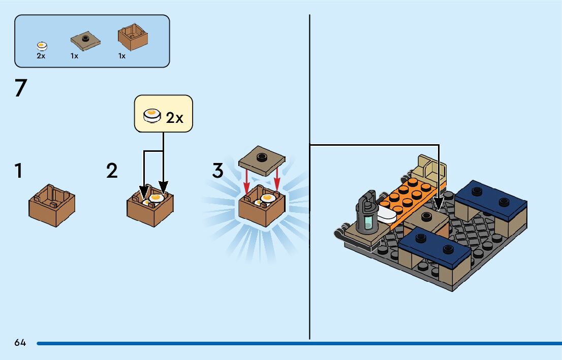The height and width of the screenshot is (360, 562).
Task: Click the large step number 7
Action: tap(20, 88)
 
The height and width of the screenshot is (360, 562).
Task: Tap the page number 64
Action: tap(20, 343)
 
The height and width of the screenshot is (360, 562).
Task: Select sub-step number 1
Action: tap(19, 171)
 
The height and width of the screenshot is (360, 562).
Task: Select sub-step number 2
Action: tap(112, 171)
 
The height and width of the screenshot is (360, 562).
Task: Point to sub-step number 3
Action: tap(217, 171)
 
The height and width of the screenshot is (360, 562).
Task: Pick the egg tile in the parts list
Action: tap(43, 46)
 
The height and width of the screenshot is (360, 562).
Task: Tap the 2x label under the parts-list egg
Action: tap(41, 56)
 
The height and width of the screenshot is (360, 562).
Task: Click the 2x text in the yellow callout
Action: tap(174, 118)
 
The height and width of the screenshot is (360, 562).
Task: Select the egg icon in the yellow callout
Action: tap(151, 117)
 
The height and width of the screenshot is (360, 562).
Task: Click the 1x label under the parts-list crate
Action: tap(122, 56)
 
